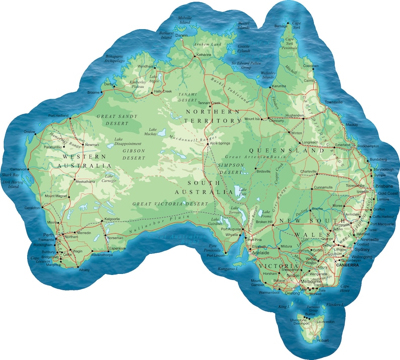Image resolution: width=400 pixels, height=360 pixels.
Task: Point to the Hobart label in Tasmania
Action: [323, 341]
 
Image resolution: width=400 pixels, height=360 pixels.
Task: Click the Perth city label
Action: [48, 235]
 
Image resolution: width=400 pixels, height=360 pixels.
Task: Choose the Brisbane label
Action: [383, 186]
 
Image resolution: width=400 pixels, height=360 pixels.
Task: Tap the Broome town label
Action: [94, 93]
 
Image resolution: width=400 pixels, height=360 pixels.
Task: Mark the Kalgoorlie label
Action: [112, 219]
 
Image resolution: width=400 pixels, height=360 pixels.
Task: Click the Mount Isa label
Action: [252, 119]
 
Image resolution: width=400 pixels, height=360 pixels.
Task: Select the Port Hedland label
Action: [58, 115]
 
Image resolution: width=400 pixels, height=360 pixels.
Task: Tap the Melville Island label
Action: [185, 20]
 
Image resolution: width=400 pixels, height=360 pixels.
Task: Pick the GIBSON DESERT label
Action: [130, 154]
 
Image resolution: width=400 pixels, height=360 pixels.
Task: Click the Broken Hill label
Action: [264, 222]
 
